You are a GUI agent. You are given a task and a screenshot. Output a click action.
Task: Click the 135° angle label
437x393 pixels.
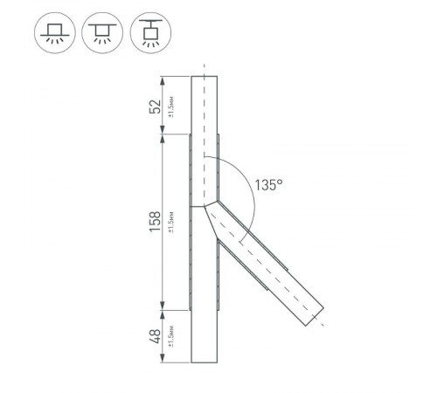(268, 184)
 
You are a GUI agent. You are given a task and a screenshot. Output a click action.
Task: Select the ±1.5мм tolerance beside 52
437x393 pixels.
(172, 107)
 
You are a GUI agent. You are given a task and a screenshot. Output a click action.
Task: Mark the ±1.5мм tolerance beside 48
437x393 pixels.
(172, 335)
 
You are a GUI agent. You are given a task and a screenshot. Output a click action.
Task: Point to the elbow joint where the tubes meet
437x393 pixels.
(205, 207)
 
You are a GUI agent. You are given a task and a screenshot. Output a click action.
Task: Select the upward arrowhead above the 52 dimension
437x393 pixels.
(163, 79)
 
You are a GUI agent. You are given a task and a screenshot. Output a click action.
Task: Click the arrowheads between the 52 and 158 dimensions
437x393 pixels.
(163, 134)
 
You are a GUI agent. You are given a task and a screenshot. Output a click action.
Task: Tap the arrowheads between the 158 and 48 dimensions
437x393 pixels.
(163, 308)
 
